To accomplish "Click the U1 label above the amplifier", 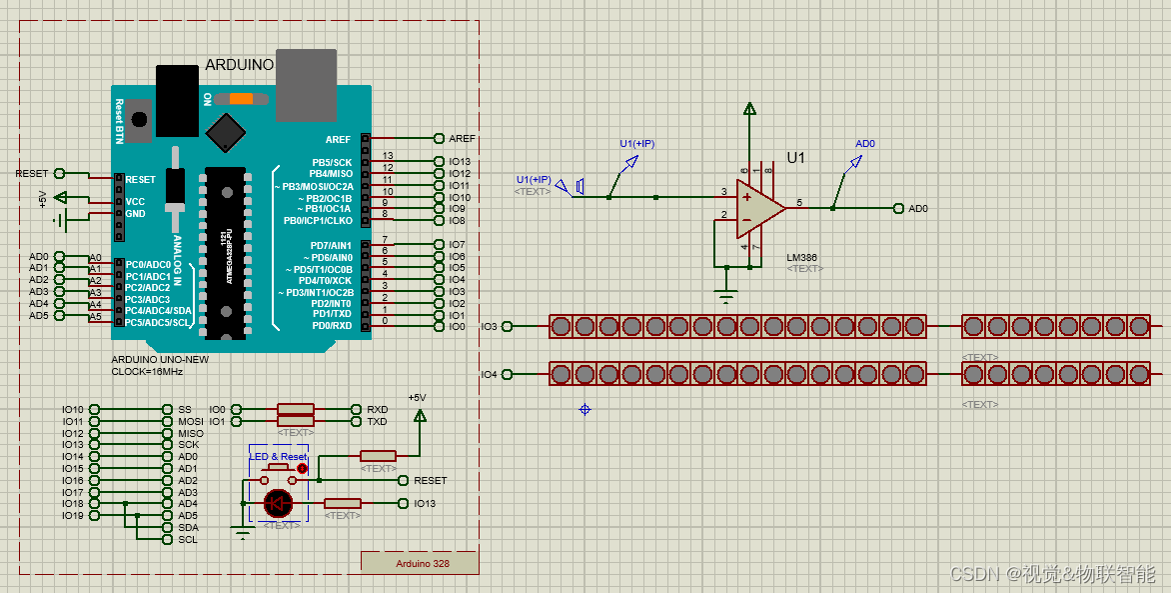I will [x=795, y=158].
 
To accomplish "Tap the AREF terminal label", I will [x=462, y=138].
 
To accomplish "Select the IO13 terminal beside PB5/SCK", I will [x=459, y=161].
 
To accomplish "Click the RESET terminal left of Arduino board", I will [x=32, y=173].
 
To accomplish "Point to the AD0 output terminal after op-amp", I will [x=916, y=209].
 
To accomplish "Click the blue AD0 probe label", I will [x=865, y=144].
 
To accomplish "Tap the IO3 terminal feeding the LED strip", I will [x=489, y=326].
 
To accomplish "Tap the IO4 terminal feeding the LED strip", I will [x=489, y=374].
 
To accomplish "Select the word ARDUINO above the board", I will [x=239, y=65].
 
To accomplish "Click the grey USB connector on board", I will [x=306, y=84].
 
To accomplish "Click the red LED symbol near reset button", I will [x=278, y=503].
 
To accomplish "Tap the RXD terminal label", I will [x=377, y=409].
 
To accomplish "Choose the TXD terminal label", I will [x=377, y=421].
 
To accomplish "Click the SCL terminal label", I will [x=187, y=539].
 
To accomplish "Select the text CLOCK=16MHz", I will [x=147, y=371].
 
